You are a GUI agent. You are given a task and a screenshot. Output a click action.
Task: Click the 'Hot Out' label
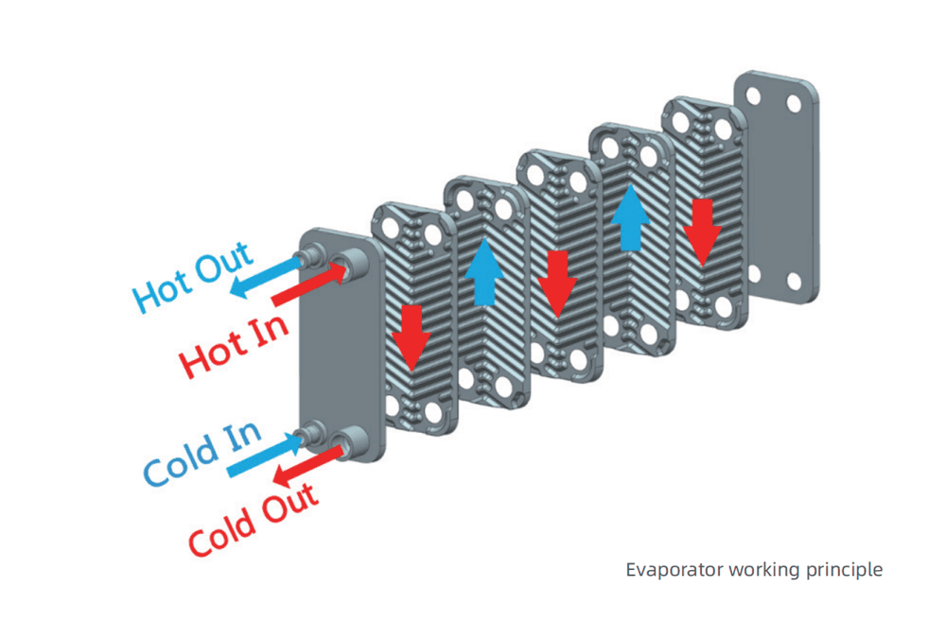tap(193, 277)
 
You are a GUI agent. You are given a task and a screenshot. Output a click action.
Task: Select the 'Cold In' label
tap(201, 454)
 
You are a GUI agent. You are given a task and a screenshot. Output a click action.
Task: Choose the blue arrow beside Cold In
tap(261, 455)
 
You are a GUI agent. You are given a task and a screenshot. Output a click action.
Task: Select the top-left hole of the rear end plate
tap(755, 95)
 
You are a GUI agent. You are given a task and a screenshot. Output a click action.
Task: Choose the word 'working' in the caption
tap(762, 570)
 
